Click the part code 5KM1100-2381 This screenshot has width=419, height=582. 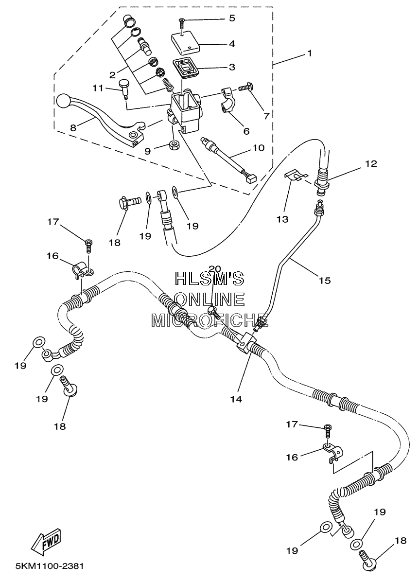tap(50, 566)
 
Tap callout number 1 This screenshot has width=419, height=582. tap(309, 53)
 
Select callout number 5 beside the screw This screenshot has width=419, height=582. tap(232, 18)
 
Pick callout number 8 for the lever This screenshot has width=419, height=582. tap(73, 128)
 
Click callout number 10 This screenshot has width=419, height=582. tap(259, 148)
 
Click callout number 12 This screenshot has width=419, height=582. tap(371, 164)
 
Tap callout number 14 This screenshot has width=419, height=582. tap(236, 399)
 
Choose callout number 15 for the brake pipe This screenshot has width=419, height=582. tap(324, 280)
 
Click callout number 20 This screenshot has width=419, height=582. tap(214, 268)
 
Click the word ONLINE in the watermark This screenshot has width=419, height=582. tap(209, 299)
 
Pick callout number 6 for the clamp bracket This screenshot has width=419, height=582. tap(246, 131)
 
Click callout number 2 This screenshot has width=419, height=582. tap(112, 75)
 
